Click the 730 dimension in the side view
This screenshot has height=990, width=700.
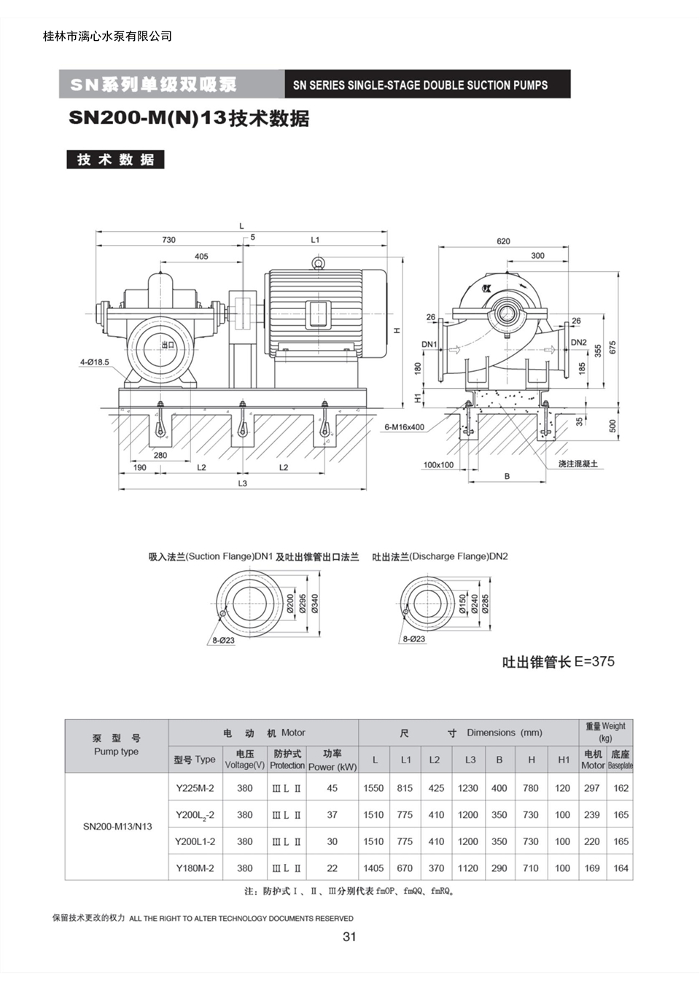pos(169,240)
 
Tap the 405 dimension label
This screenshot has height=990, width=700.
pos(201,257)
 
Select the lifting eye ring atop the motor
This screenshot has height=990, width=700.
pos(318,262)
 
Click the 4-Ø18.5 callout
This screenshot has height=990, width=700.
pos(94,362)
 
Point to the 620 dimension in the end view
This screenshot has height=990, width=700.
pos(503,241)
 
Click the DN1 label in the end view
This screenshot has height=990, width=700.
pos(429,344)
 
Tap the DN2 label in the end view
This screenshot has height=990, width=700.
pos(578,342)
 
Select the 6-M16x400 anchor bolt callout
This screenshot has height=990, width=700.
pos(404,427)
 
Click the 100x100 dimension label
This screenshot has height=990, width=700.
pos(438,464)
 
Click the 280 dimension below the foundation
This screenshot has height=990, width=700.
pos(160,455)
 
